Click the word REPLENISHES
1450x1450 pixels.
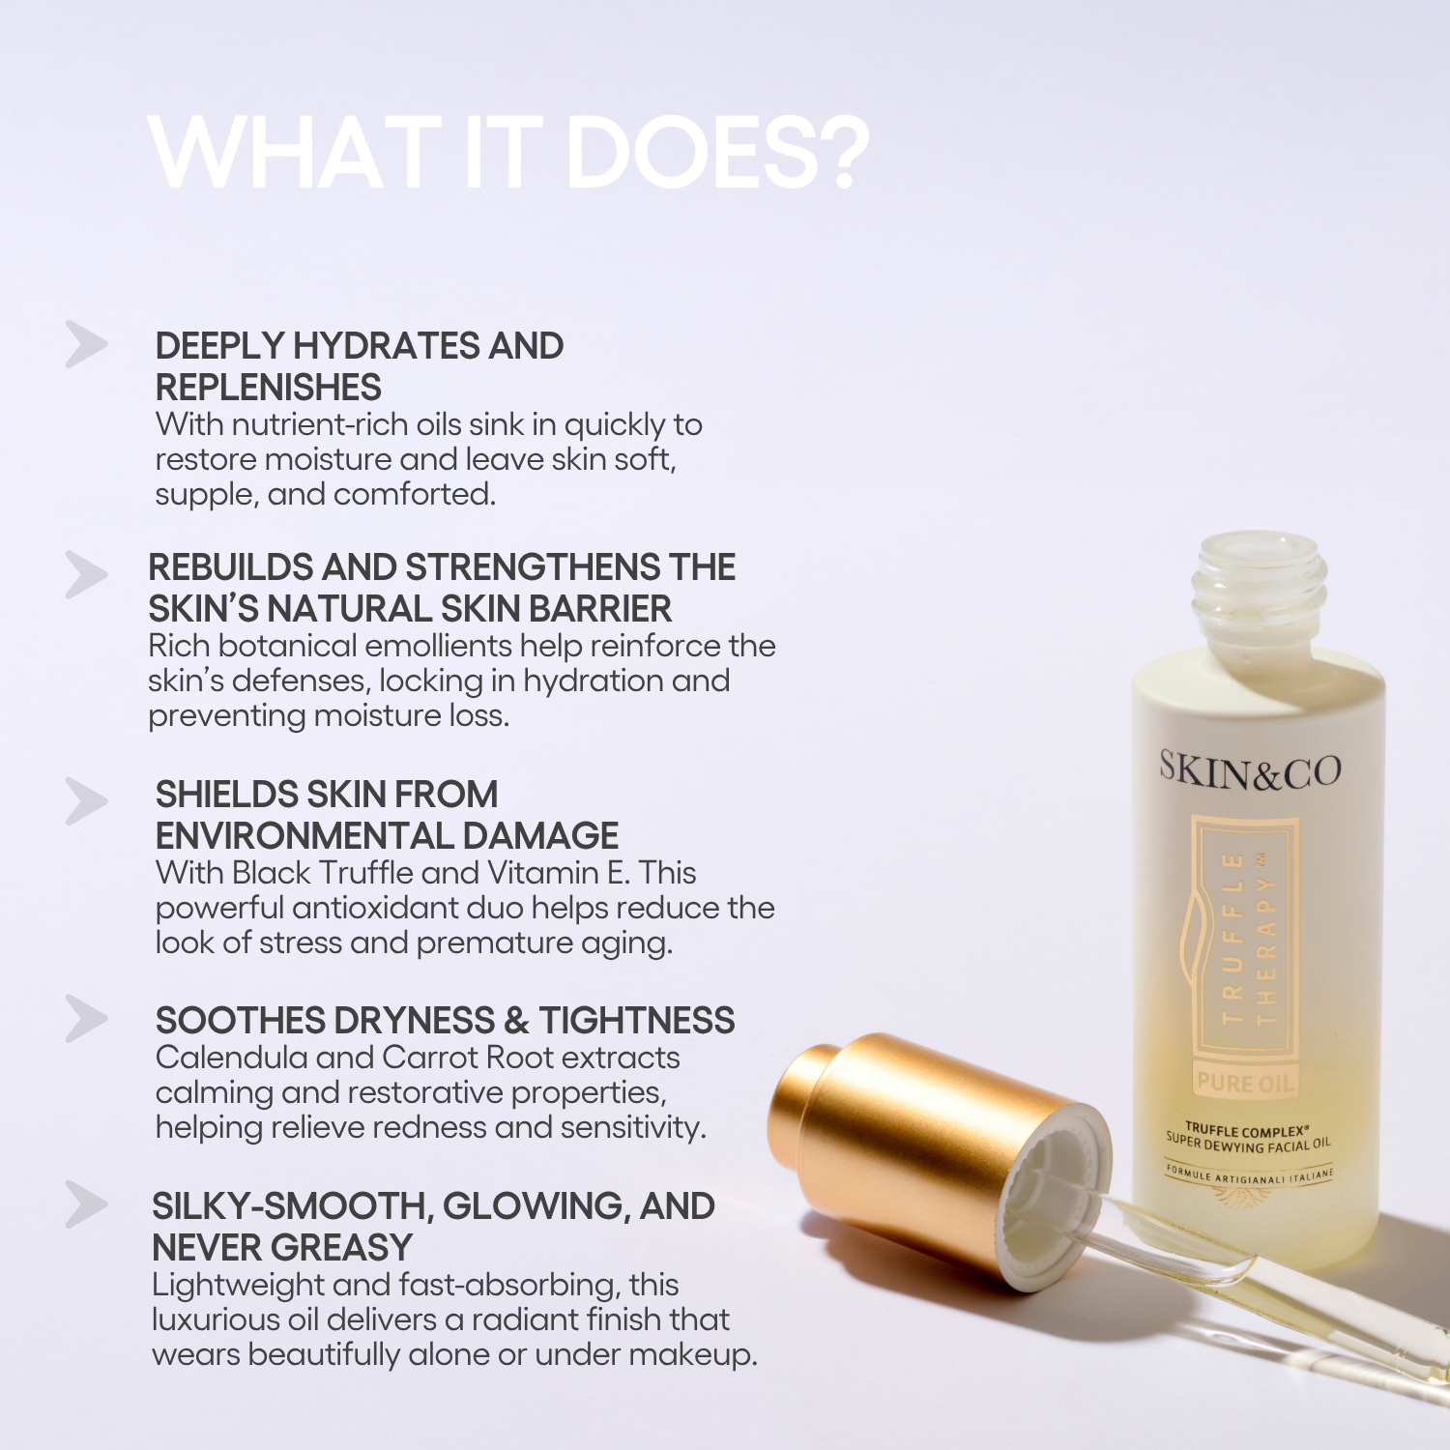(x=269, y=388)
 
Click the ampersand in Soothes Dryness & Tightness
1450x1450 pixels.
(x=516, y=1021)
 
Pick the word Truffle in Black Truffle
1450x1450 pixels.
(x=365, y=873)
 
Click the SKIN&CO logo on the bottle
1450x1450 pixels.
(x=1249, y=770)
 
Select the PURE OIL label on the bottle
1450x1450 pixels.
(x=1244, y=1083)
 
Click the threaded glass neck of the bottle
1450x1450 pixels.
(x=1259, y=590)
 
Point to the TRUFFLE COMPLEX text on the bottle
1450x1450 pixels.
(x=1247, y=1130)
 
